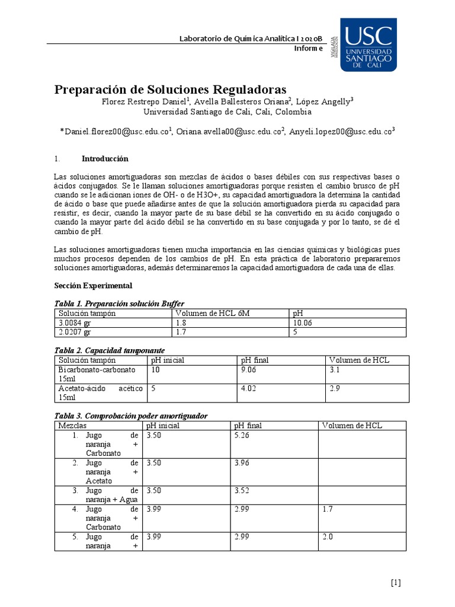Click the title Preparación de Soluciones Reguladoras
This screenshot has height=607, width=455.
[171, 90]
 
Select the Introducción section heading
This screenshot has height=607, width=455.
[104, 159]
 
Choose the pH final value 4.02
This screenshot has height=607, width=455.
[249, 388]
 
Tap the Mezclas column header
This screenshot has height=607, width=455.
[73, 426]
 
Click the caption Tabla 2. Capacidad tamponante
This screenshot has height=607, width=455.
[110, 350]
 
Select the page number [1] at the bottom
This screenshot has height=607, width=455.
[396, 582]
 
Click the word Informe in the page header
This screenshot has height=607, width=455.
[309, 49]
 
